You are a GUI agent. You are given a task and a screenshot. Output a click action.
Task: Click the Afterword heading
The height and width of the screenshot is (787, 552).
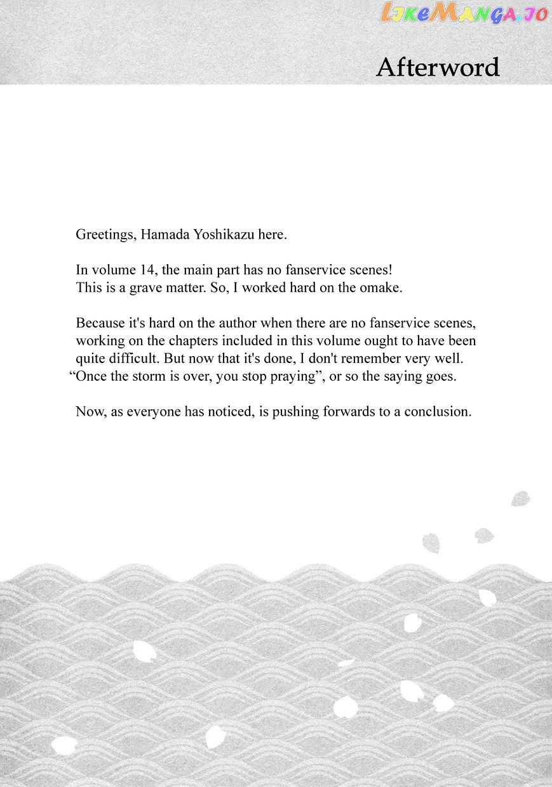(x=438, y=67)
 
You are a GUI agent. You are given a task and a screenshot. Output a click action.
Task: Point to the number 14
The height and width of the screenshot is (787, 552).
(x=147, y=270)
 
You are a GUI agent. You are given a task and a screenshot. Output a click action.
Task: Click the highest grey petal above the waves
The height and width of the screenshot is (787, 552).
(x=520, y=498)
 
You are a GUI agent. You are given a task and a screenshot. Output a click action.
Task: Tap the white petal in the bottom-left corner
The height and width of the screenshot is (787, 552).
(x=64, y=745)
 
